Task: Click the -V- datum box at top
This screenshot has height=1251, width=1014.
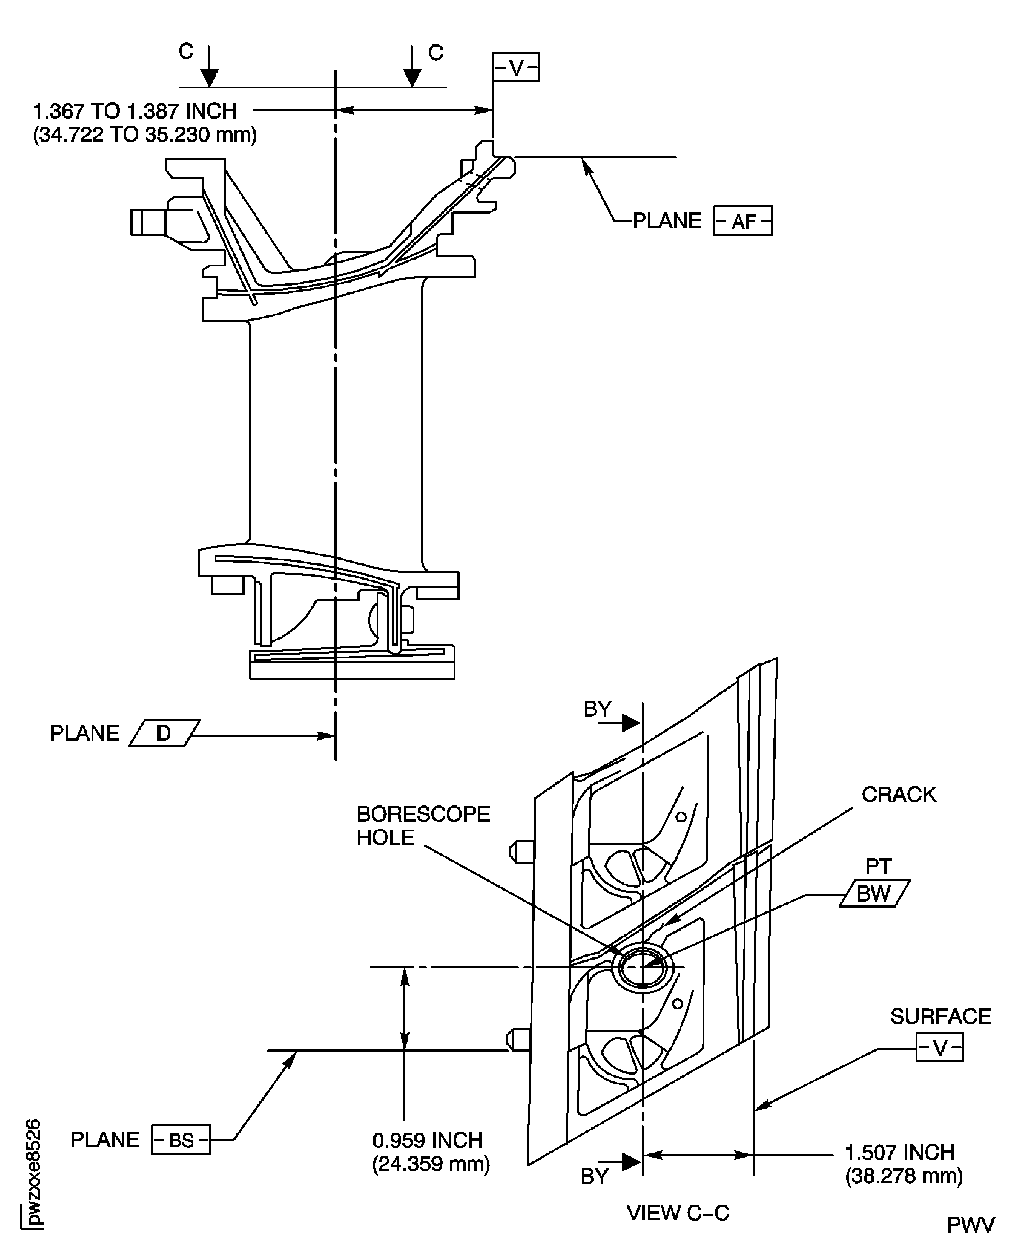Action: pyautogui.click(x=515, y=68)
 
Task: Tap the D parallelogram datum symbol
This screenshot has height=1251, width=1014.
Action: pyautogui.click(x=164, y=733)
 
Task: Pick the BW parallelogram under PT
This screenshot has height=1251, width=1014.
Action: pyautogui.click(x=873, y=894)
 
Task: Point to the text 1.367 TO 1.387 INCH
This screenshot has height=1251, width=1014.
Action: pyautogui.click(x=134, y=111)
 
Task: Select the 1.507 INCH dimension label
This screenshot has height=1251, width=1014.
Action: pyautogui.click(x=899, y=1152)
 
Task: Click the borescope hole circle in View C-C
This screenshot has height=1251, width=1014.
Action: pyautogui.click(x=642, y=967)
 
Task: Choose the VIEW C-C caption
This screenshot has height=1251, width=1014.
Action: pyautogui.click(x=678, y=1213)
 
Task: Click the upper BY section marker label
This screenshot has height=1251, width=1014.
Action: pyautogui.click(x=597, y=709)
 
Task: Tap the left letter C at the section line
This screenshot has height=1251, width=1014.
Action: pyautogui.click(x=186, y=52)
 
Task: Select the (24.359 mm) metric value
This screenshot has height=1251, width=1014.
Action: pyautogui.click(x=431, y=1164)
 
